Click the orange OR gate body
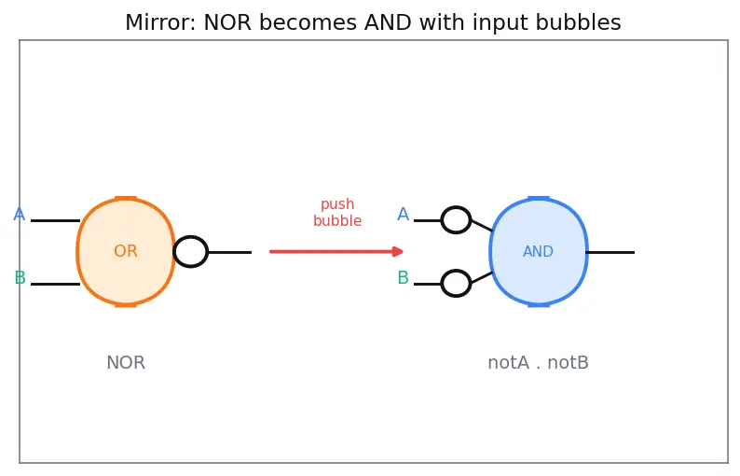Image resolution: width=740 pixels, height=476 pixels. [126, 251]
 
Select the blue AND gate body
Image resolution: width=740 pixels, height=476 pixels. [539, 251]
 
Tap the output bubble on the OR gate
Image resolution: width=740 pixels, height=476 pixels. [191, 251]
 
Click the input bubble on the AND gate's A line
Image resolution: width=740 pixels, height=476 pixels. [456, 220]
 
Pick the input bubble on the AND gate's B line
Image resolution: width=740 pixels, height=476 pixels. [456, 284]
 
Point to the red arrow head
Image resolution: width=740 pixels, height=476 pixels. [398, 251]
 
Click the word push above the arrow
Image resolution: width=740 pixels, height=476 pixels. [337, 204]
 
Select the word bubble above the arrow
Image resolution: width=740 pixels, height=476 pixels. [337, 221]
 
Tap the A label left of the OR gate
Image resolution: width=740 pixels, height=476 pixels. [20, 215]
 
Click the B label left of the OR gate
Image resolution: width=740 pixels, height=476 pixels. [20, 277]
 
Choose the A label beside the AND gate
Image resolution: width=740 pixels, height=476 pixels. [403, 214]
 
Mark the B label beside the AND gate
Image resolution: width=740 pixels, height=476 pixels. [403, 277]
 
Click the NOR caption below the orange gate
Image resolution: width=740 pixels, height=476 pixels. [126, 363]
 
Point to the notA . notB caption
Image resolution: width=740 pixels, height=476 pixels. [538, 363]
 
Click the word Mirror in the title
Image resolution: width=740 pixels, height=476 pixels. [161, 22]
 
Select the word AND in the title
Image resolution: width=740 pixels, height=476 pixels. [388, 22]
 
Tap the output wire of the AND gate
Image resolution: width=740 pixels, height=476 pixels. [610, 252]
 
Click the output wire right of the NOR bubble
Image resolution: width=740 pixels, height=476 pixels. [230, 252]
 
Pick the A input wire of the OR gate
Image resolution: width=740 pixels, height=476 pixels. [55, 221]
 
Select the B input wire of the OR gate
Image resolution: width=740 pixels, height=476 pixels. [55, 284]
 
